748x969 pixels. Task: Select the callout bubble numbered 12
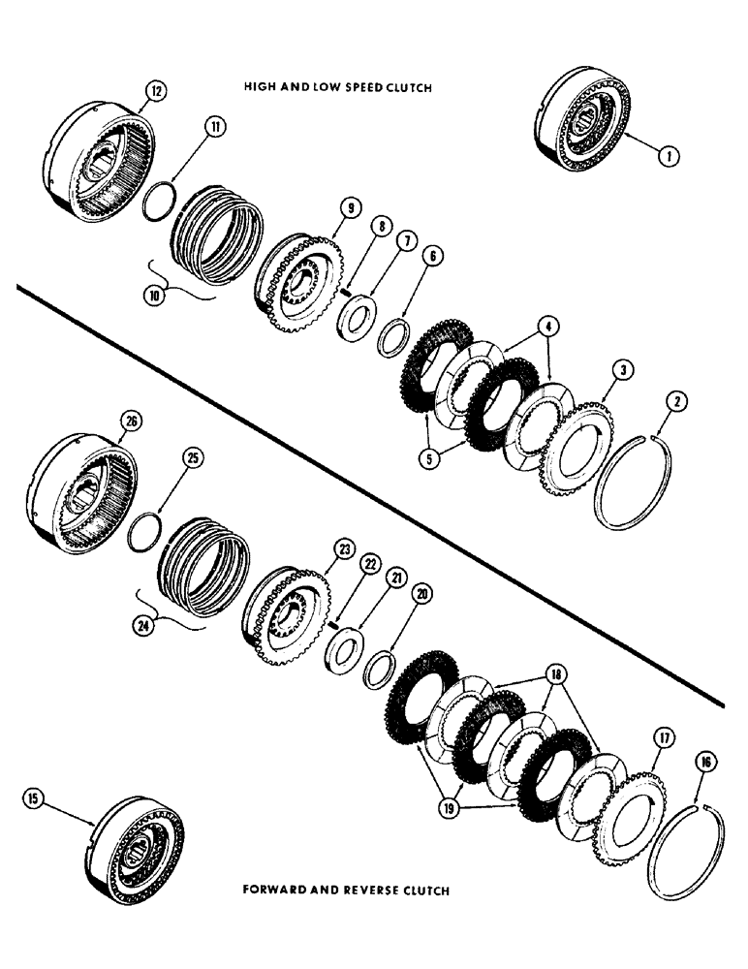pyautogui.click(x=156, y=92)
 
